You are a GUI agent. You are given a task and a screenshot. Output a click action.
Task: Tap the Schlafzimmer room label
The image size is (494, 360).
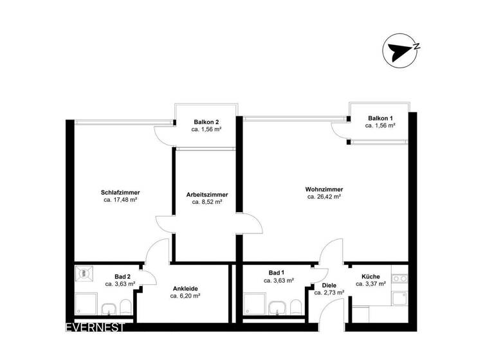(120, 192)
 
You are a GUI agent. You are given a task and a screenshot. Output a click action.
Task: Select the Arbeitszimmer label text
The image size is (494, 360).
(207, 194)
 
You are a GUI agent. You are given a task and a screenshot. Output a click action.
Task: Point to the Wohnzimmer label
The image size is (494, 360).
(324, 190)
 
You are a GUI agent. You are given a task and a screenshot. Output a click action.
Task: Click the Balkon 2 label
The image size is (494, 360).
(206, 122)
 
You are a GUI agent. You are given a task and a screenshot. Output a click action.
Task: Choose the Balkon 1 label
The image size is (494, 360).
(380, 118)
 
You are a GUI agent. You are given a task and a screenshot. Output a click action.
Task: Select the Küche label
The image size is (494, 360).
(370, 276)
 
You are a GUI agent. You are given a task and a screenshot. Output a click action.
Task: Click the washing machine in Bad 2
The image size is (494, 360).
(84, 273)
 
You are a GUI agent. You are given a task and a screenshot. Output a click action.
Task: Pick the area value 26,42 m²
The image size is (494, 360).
(324, 197)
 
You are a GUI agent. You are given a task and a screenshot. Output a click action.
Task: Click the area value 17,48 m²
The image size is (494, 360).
(120, 200)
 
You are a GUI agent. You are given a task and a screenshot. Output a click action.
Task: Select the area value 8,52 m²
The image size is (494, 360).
(207, 202)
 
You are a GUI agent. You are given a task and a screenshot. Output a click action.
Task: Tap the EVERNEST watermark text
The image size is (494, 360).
(95, 327)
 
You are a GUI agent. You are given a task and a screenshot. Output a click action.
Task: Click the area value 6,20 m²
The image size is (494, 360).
(185, 296)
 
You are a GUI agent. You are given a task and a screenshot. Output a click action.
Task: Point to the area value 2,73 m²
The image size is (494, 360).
(329, 292)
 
